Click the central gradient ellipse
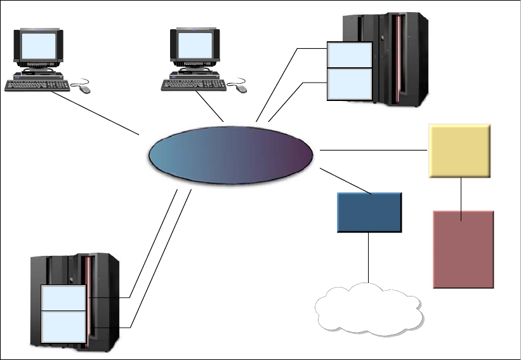[231, 156]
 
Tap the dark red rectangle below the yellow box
[463, 250]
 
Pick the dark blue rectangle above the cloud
[369, 211]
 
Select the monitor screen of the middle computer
[194, 46]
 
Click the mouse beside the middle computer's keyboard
[241, 89]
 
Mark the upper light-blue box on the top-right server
[348, 55]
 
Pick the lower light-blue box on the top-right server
[348, 83]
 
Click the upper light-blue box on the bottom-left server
[62, 298]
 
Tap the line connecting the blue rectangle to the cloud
[368, 257]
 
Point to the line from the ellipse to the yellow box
[374, 150]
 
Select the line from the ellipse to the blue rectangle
[346, 181]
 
